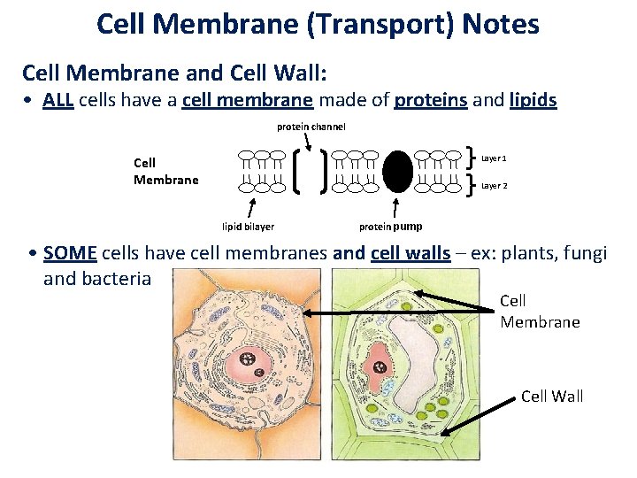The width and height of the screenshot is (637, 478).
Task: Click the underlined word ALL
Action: coord(58,100)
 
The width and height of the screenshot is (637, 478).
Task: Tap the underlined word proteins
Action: coord(431,100)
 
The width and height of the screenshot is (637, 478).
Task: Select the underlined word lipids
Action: coord(533,100)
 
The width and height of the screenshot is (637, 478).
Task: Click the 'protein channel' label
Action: coord(311,127)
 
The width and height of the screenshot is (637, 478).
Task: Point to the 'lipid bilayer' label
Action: coord(248,227)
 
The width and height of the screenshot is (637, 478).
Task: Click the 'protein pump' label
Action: coord(390,226)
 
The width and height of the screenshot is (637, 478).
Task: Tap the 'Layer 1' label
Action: coord(494,158)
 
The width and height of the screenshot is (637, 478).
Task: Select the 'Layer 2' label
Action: coord(494,186)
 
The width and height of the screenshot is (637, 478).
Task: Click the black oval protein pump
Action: coord(398,172)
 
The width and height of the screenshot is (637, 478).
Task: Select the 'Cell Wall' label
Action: coord(552,396)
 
